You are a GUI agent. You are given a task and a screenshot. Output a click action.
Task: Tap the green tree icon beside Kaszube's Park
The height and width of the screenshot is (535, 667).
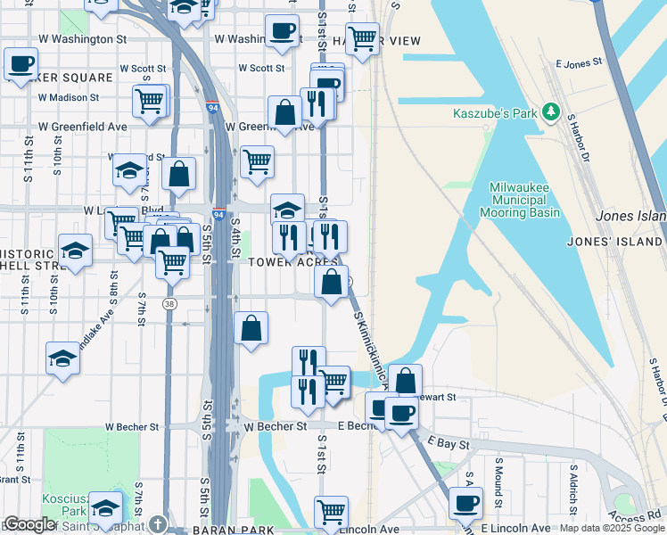click(552, 111)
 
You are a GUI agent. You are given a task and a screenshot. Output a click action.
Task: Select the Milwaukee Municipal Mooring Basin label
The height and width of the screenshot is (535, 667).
click(524, 200)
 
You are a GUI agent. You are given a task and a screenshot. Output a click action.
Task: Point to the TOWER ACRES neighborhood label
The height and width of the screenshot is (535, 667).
click(293, 262)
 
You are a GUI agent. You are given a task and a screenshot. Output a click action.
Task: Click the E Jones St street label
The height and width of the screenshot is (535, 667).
click(580, 64)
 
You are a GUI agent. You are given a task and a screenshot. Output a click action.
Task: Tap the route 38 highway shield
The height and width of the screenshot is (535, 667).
click(169, 304)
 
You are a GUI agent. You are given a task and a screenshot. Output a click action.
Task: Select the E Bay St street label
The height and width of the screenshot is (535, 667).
click(448, 441)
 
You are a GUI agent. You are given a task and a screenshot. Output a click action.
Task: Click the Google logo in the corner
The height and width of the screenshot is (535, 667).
click(30, 524)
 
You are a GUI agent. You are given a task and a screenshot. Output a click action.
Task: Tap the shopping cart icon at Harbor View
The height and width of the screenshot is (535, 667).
click(362, 37)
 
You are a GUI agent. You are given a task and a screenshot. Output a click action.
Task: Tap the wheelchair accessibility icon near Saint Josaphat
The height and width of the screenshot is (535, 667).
click(158, 523)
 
